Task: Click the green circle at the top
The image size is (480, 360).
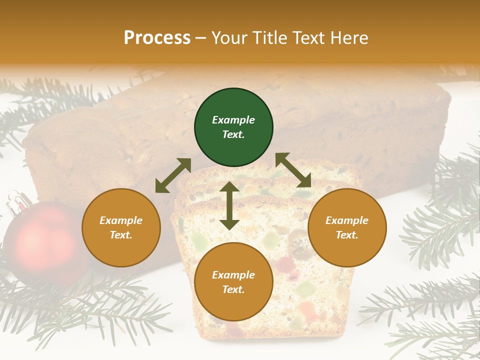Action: coord(233,127)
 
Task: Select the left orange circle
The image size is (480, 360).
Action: coord(121,227)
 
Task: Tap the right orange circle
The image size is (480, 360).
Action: coord(347,227)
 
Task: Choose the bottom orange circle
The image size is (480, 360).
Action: coord(233,282)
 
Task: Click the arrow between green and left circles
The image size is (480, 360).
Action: coord(173,175)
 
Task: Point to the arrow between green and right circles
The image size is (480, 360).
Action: coord(293,170)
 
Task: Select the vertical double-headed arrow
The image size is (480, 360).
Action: coord(229,205)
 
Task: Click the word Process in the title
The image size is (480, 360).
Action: coord(157,37)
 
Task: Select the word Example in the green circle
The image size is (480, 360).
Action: coord(233,120)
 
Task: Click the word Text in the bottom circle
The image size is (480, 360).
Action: coord(233,289)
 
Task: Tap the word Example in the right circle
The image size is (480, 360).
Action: coord(347,220)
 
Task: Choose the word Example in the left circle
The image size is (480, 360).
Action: coord(121,220)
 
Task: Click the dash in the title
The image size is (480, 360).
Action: coord(201,38)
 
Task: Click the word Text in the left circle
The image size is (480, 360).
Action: coord(121,235)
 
